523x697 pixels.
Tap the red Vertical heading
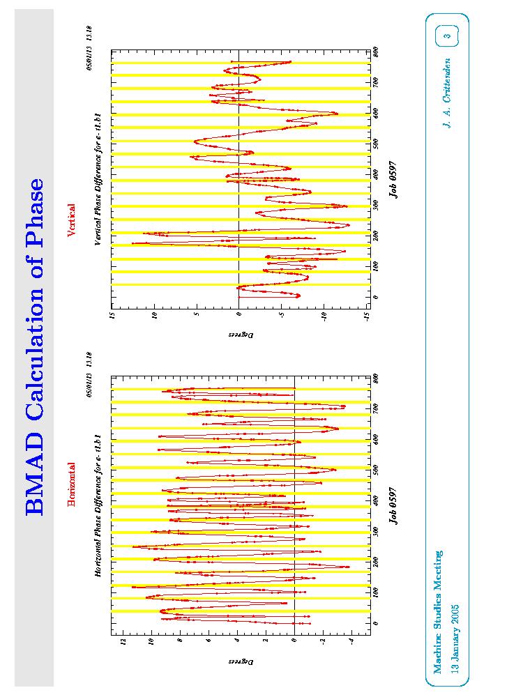point(71,220)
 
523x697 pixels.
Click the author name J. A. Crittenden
point(447,92)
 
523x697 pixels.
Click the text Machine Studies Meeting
point(437,613)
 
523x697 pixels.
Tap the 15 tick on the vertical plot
point(112,316)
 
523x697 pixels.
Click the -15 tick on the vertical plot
point(367,316)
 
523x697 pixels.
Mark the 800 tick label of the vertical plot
point(376,50)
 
